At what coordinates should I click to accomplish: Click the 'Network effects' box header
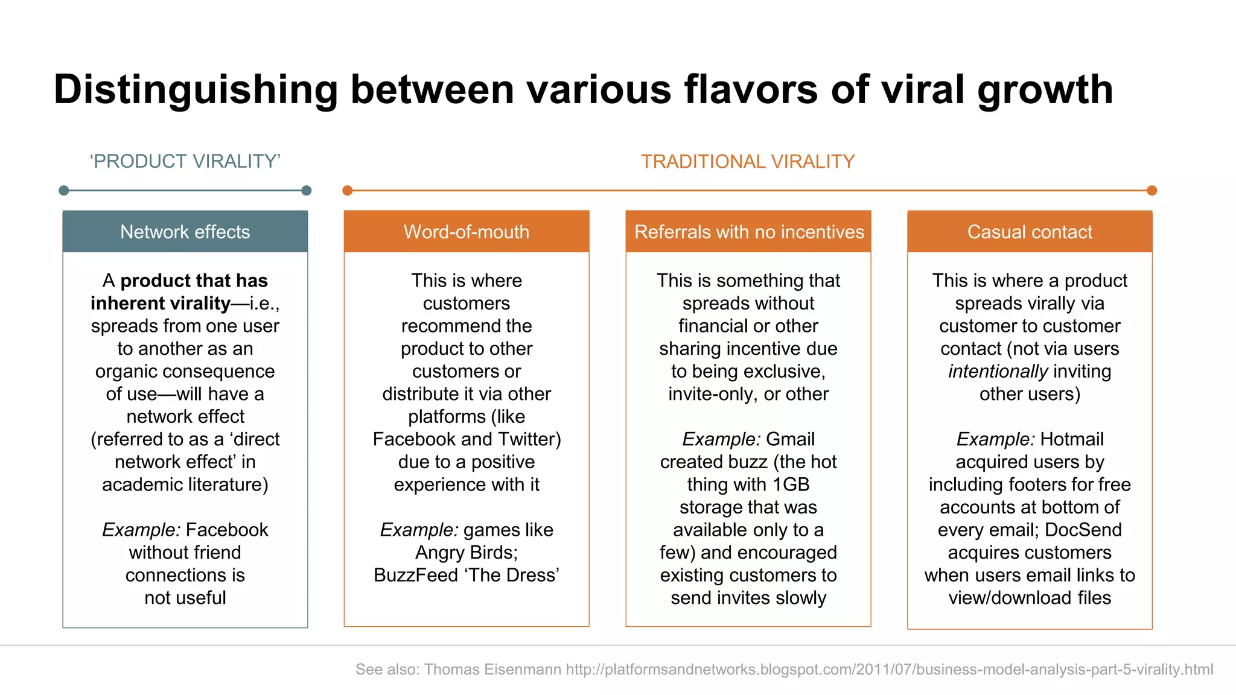[185, 232]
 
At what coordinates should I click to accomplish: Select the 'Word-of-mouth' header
[466, 232]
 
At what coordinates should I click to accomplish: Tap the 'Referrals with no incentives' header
[748, 232]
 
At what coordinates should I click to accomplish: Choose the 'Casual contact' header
[1030, 232]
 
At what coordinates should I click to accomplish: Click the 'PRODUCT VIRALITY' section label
[185, 161]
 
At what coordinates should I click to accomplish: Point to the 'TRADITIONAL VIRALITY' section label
[747, 161]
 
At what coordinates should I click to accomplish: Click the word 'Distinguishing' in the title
[195, 89]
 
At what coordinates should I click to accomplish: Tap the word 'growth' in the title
[1045, 89]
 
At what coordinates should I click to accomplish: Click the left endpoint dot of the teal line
[64, 191]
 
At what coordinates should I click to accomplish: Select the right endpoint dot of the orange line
[1152, 191]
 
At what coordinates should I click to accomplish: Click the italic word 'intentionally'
[998, 371]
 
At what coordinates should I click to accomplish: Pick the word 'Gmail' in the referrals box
[791, 439]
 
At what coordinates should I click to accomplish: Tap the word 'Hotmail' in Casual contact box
[1071, 439]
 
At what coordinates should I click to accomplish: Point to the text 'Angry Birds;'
[466, 552]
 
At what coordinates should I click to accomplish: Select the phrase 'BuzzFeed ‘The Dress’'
[466, 575]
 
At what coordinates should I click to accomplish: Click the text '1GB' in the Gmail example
[791, 484]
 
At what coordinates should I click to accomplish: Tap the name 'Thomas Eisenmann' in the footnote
[492, 669]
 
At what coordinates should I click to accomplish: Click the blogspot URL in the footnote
[889, 669]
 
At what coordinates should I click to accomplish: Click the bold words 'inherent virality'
[161, 303]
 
